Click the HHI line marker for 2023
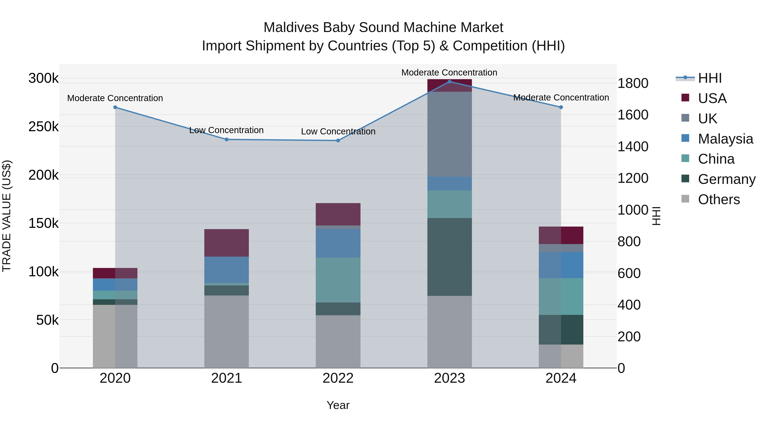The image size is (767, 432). [x=450, y=81]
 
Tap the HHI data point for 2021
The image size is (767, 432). [x=227, y=139]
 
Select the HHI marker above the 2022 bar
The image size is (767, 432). [x=338, y=140]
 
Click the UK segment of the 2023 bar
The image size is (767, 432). [x=450, y=134]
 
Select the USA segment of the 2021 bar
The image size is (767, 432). [x=227, y=243]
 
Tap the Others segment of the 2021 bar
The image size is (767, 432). [x=227, y=332]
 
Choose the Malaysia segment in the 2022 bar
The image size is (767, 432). [x=338, y=243]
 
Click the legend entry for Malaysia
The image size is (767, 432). [x=725, y=139]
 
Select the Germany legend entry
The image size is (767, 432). [x=727, y=179]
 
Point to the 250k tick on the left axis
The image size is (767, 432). [x=43, y=127]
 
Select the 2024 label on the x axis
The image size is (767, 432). [x=561, y=378]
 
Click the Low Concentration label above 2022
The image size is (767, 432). [x=338, y=131]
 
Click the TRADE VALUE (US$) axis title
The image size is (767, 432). [x=7, y=216]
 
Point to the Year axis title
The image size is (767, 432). [x=338, y=405]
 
